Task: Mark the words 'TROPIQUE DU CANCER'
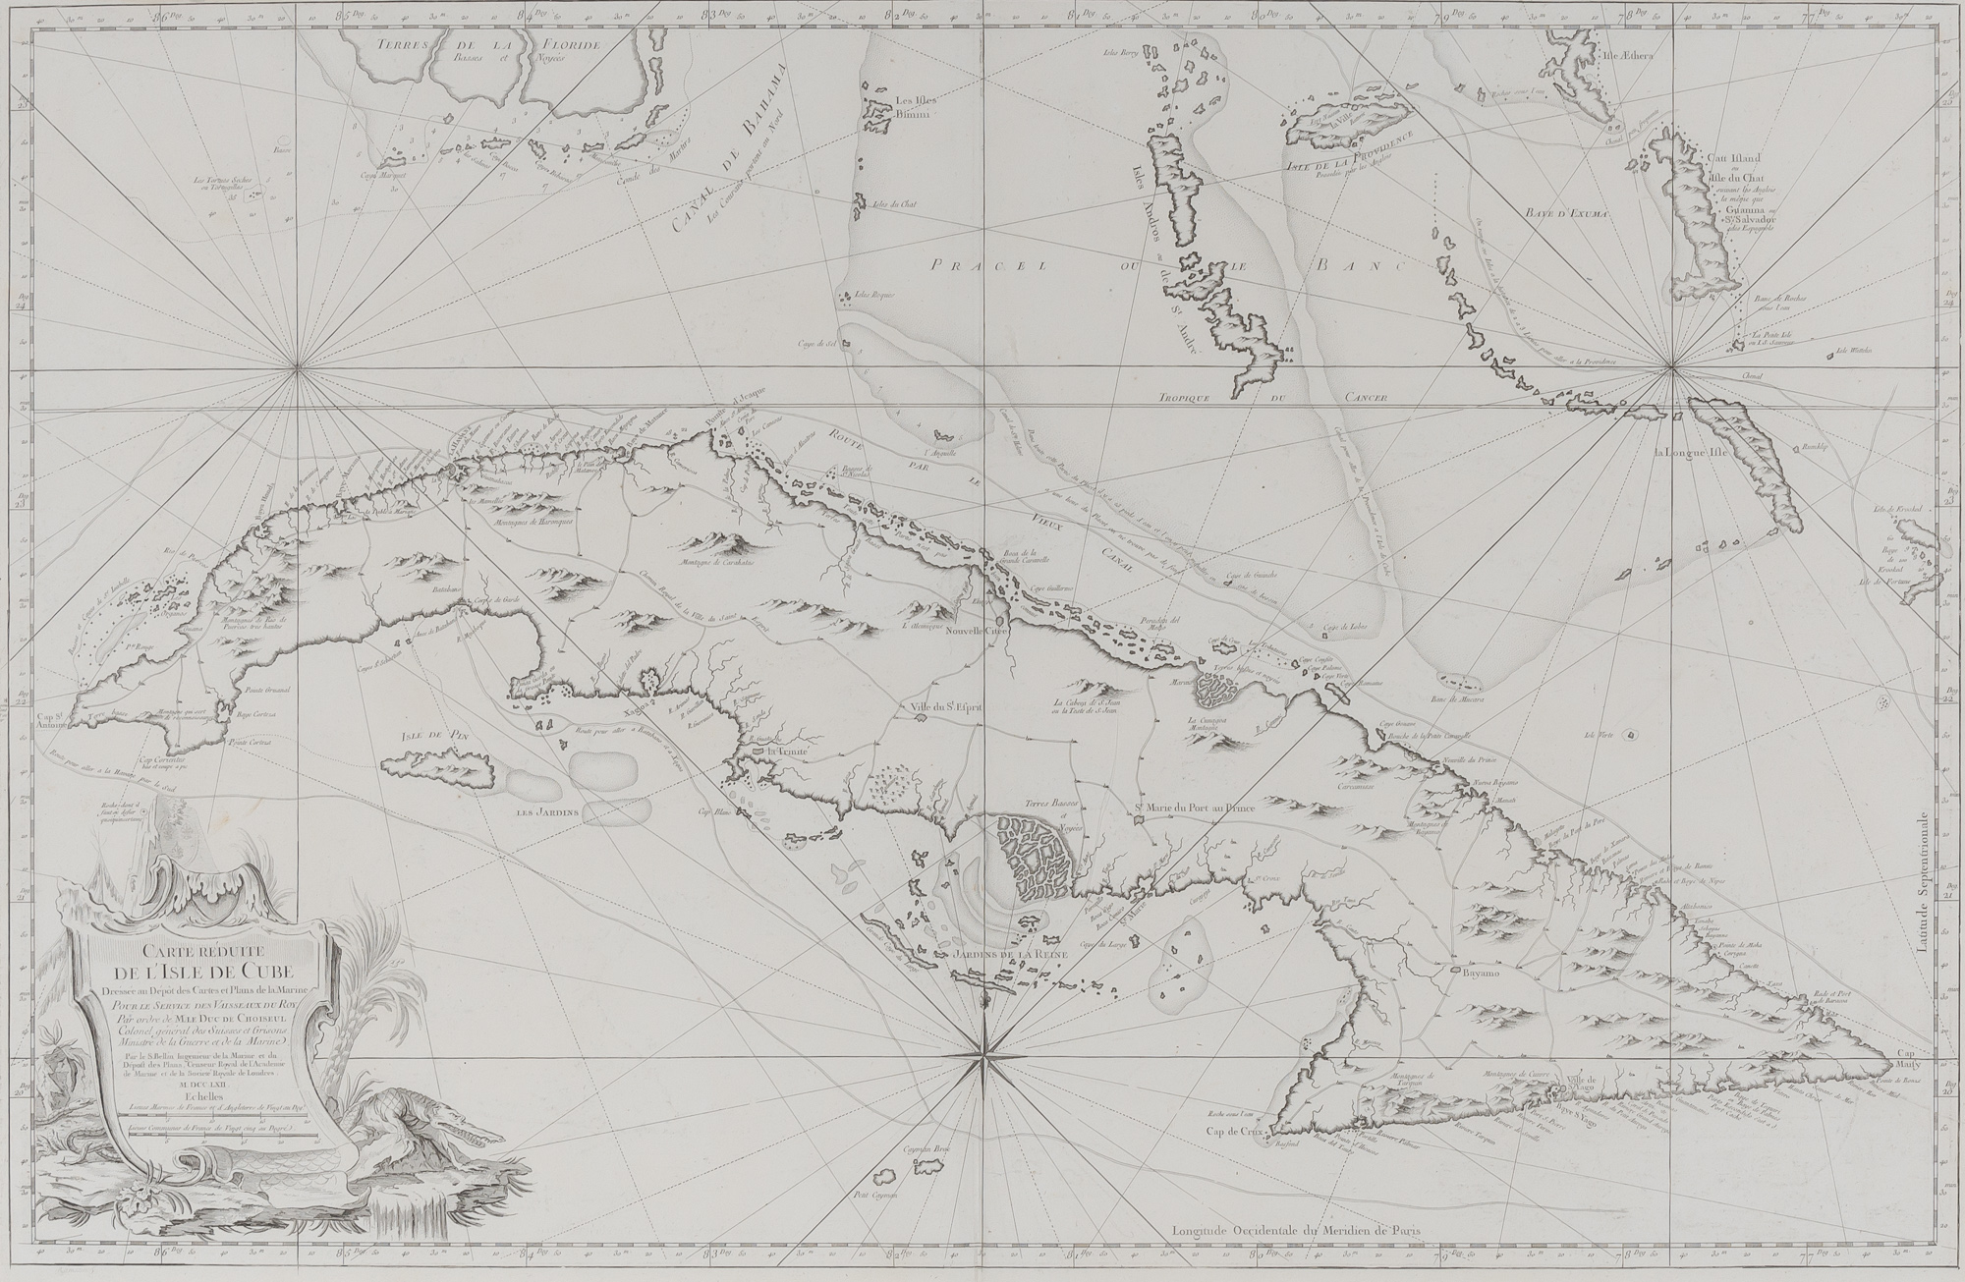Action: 1275,398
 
